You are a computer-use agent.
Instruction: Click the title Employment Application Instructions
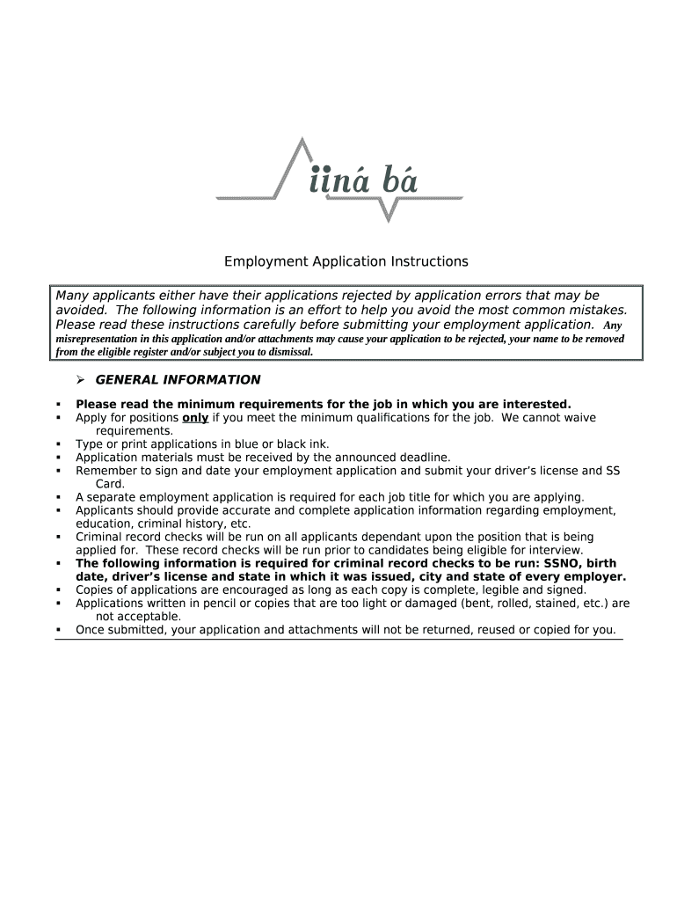coord(346,261)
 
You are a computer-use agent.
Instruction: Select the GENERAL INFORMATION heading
coord(178,380)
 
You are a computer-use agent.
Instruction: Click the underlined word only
coord(194,418)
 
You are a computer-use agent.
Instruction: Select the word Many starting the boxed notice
coord(75,296)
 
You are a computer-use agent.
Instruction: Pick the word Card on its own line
coord(110,484)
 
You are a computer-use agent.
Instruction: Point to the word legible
coord(500,590)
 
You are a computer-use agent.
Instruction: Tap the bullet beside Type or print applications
coord(58,445)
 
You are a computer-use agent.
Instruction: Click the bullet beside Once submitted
coord(58,630)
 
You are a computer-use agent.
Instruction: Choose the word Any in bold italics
coord(612,326)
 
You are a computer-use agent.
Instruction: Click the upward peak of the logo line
coord(302,141)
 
